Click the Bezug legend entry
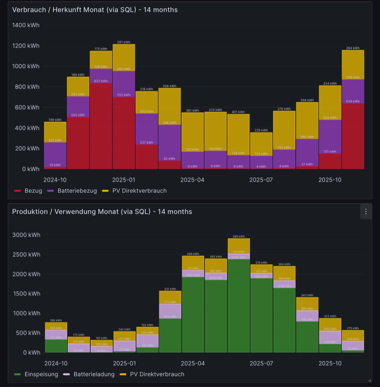[x=33, y=191]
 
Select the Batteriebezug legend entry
[x=77, y=191]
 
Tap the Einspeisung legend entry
[x=41, y=374]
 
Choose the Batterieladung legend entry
[x=94, y=374]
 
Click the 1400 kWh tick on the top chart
[x=26, y=25]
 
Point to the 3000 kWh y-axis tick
[x=26, y=235]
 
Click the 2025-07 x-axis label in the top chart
[x=261, y=180]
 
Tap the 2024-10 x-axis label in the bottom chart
[x=56, y=363]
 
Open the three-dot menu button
[x=366, y=212]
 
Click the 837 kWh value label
[x=101, y=81]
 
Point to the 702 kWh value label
[x=124, y=95]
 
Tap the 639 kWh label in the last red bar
[x=353, y=101]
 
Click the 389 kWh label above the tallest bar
[x=239, y=236]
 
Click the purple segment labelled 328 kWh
[x=330, y=135]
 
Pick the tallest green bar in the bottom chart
[x=239, y=306]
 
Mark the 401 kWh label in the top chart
[x=238, y=112]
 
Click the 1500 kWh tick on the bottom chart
[x=26, y=293]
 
